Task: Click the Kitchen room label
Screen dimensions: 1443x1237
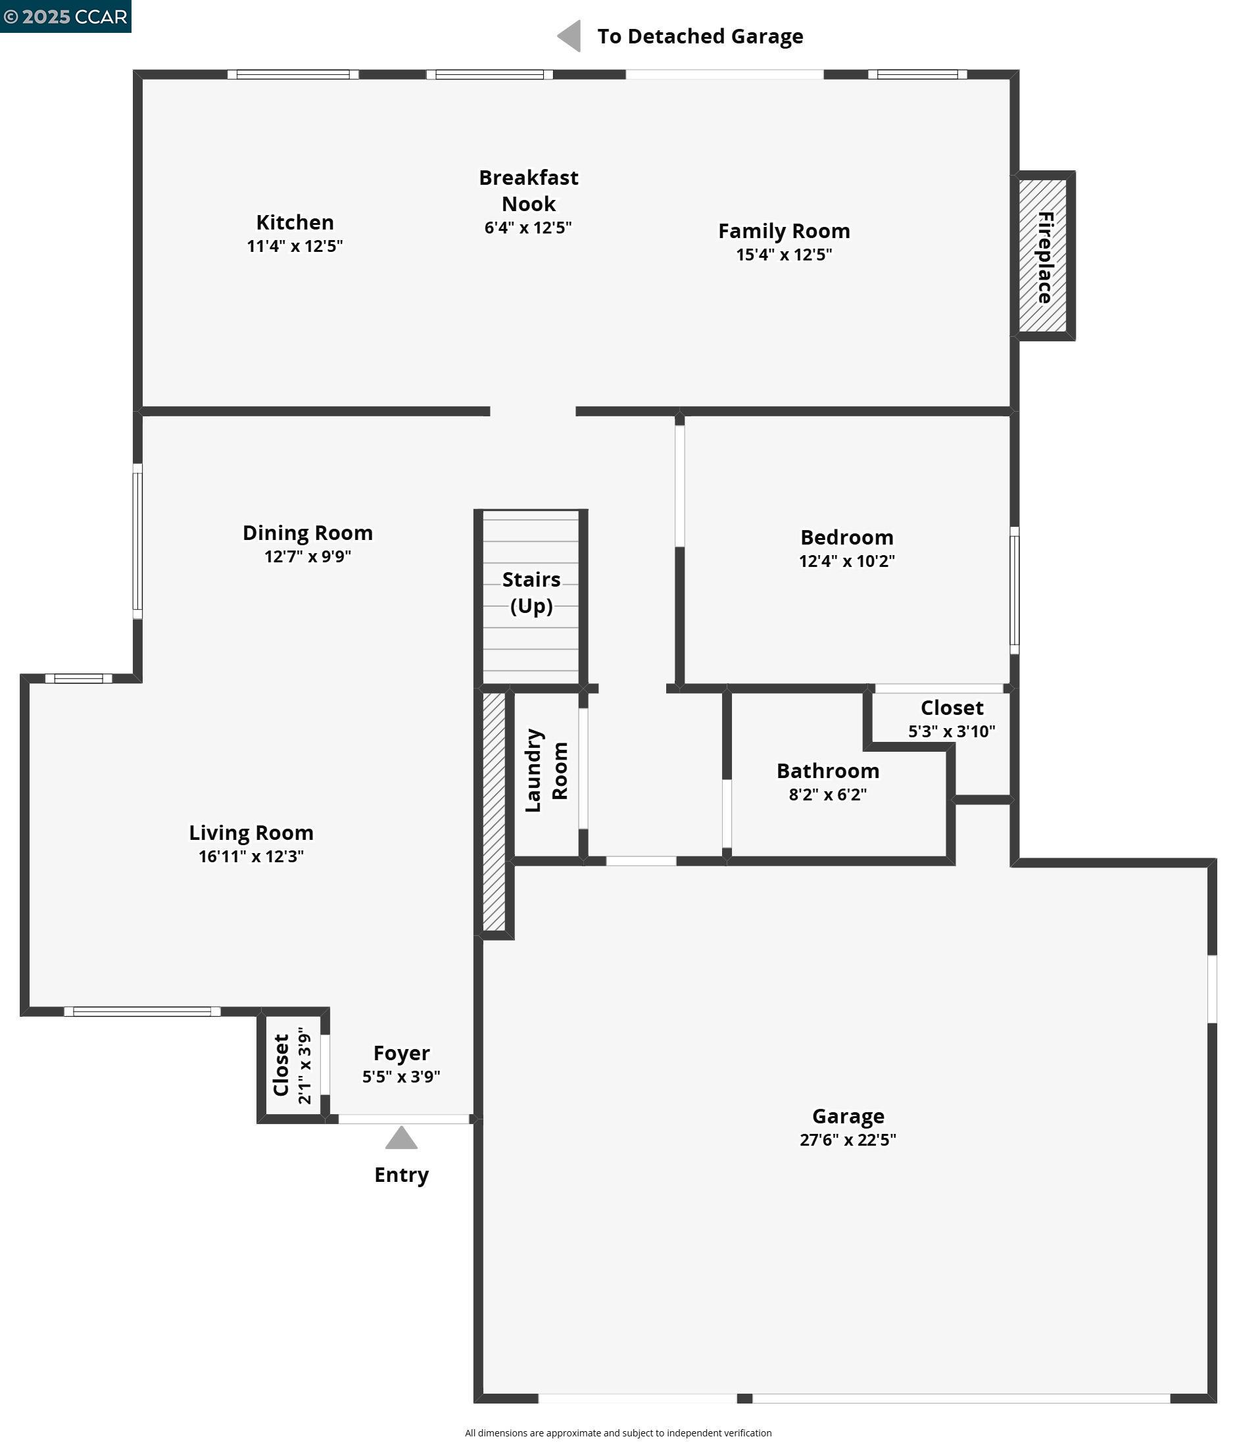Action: point(295,222)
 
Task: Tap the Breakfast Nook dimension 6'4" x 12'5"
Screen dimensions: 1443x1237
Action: point(528,228)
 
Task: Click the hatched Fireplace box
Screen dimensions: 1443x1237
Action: point(1043,257)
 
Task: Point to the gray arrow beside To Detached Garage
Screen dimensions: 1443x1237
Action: point(569,36)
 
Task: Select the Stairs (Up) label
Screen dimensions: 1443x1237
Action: point(531,592)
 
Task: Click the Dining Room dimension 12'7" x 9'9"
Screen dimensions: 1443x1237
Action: point(307,556)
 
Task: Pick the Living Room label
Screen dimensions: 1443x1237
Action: point(251,832)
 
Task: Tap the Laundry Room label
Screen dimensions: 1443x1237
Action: point(546,770)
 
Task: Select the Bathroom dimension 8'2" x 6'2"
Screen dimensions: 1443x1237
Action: point(827,795)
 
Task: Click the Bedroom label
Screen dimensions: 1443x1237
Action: point(846,537)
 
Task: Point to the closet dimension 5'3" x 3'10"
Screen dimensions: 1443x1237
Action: point(952,731)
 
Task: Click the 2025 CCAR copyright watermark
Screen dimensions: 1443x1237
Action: point(66,16)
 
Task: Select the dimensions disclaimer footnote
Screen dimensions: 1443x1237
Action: point(618,1432)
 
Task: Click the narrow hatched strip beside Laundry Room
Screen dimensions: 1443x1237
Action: point(494,811)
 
